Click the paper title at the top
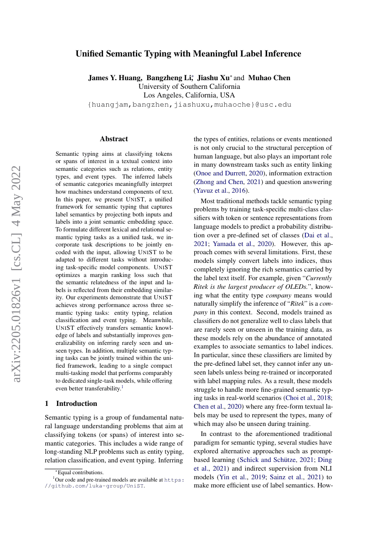pyautogui.click(x=188, y=54)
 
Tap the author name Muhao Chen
pyautogui.click(x=269, y=78)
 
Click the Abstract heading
pyautogui.click(x=114, y=139)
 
